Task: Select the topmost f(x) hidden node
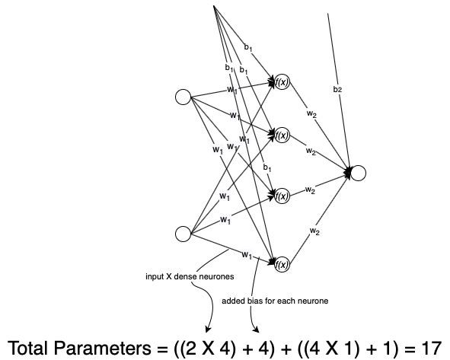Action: click(x=282, y=82)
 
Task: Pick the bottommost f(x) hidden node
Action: click(x=282, y=264)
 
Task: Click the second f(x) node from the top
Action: click(x=282, y=135)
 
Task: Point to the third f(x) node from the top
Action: click(x=282, y=196)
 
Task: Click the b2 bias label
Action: click(x=337, y=89)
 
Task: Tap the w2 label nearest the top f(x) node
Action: click(x=311, y=114)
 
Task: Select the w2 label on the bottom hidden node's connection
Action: click(x=314, y=231)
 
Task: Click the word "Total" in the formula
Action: click(x=27, y=348)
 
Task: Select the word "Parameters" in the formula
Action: click(x=102, y=348)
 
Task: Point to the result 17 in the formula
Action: click(x=432, y=348)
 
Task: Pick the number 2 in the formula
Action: click(x=190, y=348)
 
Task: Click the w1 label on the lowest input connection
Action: click(x=247, y=254)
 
